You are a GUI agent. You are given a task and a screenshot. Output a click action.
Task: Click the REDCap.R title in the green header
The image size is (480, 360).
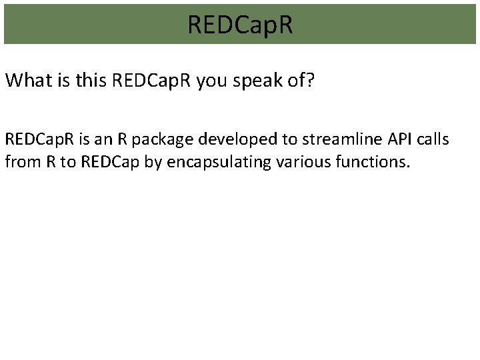coord(240,25)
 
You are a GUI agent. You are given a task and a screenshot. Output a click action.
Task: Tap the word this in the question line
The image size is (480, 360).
coord(89,81)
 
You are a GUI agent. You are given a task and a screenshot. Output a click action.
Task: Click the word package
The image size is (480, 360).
coord(154,140)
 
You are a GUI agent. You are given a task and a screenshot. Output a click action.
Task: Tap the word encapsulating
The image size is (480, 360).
coord(204,161)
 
